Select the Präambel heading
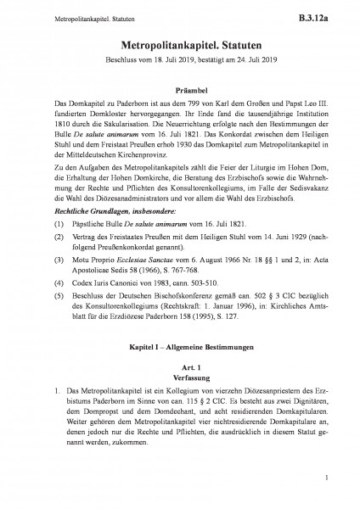[180, 88]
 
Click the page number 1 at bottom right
[326, 485]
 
